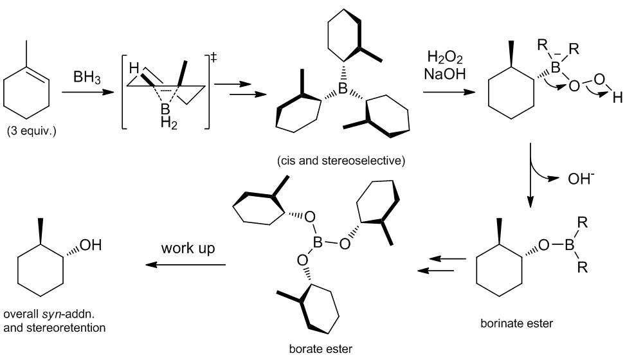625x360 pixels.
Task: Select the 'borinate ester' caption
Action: tap(516, 323)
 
